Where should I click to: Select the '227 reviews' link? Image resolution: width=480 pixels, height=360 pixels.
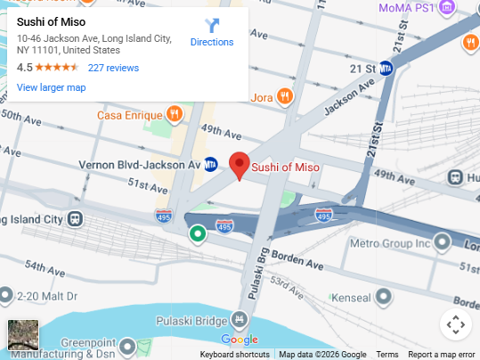point(113,68)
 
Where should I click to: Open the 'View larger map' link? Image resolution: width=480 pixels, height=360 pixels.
point(51,87)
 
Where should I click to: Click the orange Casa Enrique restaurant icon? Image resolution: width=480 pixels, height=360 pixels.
point(175,114)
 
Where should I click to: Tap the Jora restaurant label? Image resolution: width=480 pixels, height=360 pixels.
point(261,97)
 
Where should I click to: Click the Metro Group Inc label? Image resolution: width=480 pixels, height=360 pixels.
point(389,242)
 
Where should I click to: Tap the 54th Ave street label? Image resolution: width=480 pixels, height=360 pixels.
point(45,266)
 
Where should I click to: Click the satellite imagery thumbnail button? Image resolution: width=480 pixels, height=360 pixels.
point(23,335)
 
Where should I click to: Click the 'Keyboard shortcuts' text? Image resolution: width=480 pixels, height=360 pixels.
point(234,355)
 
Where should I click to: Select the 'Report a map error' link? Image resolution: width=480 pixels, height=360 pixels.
point(442,355)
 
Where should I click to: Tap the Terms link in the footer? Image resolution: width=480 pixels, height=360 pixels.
point(387,355)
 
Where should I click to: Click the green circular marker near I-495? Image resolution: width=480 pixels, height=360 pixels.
point(198,234)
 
